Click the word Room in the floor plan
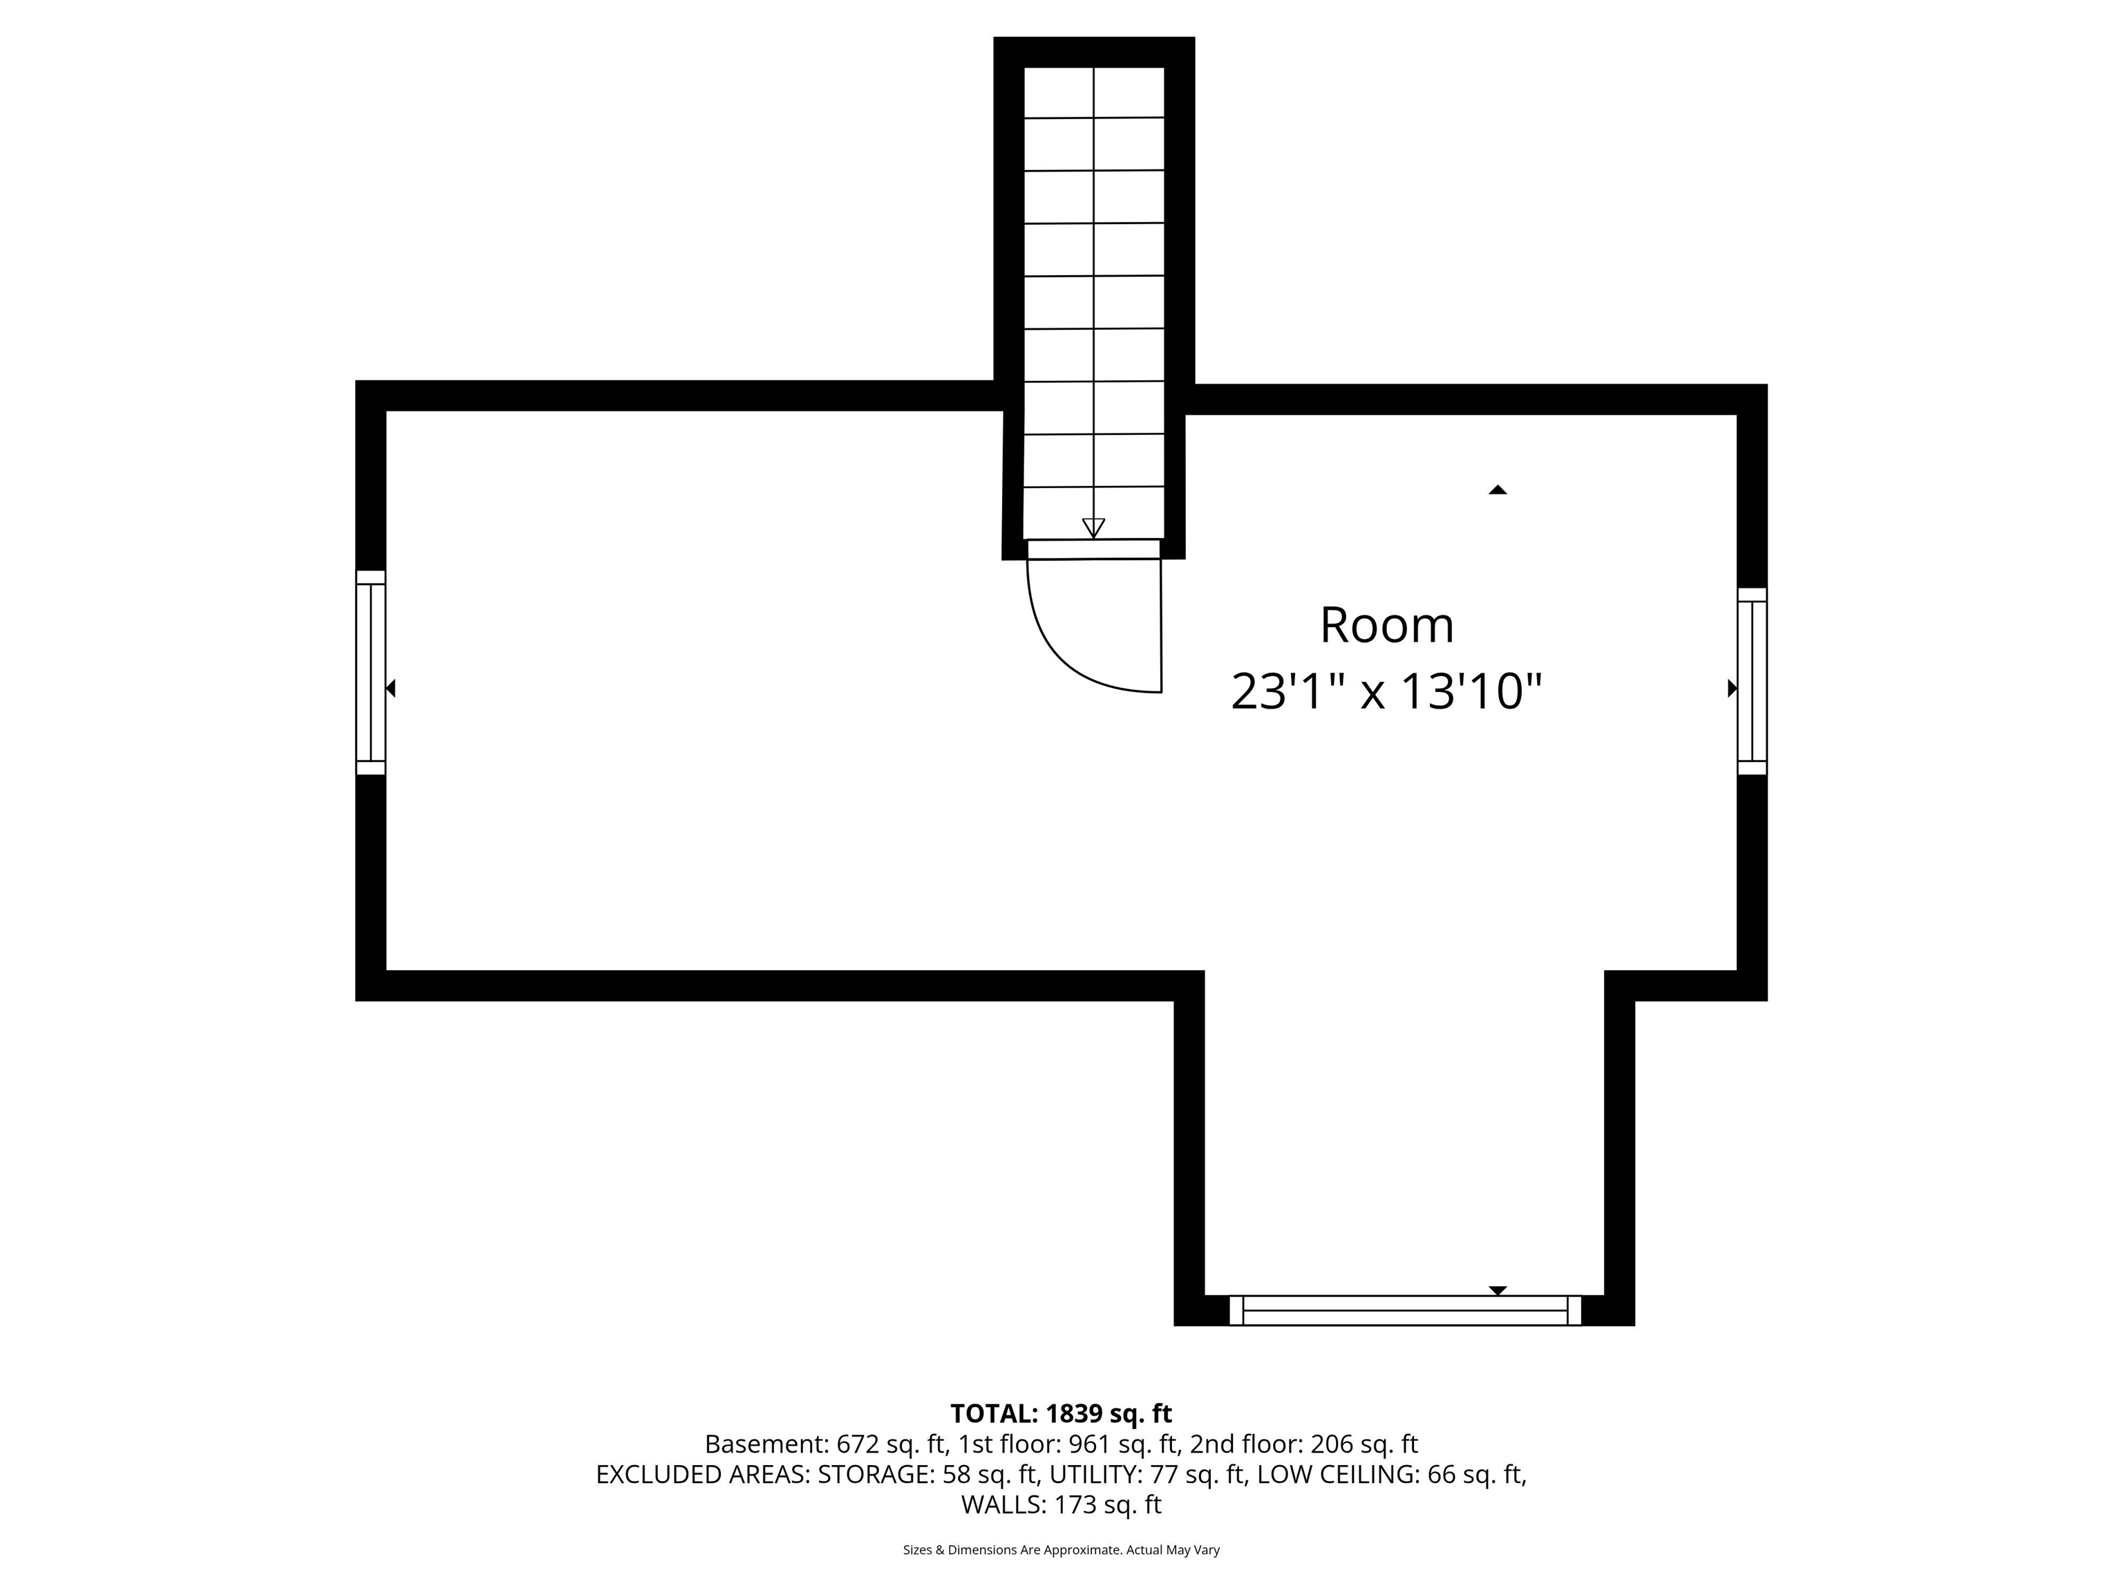pyautogui.click(x=1387, y=625)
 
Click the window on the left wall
pyautogui.click(x=370, y=672)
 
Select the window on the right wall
pyautogui.click(x=1752, y=681)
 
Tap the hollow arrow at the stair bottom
pyautogui.click(x=1093, y=527)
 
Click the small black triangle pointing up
pyautogui.click(x=1498, y=490)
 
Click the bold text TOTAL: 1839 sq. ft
pyautogui.click(x=1061, y=1413)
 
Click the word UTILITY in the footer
pyautogui.click(x=1092, y=1474)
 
